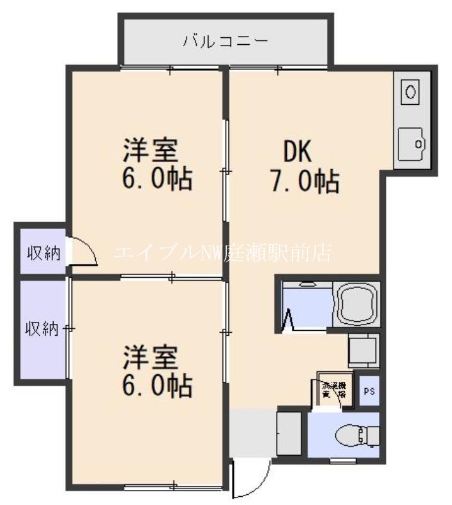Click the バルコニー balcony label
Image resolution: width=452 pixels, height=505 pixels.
(x=226, y=42)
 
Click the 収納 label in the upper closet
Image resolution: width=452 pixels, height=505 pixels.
(x=43, y=253)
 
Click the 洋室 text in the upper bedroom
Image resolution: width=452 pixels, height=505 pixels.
(x=150, y=151)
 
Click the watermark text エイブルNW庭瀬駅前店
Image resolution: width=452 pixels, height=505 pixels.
(x=222, y=253)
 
